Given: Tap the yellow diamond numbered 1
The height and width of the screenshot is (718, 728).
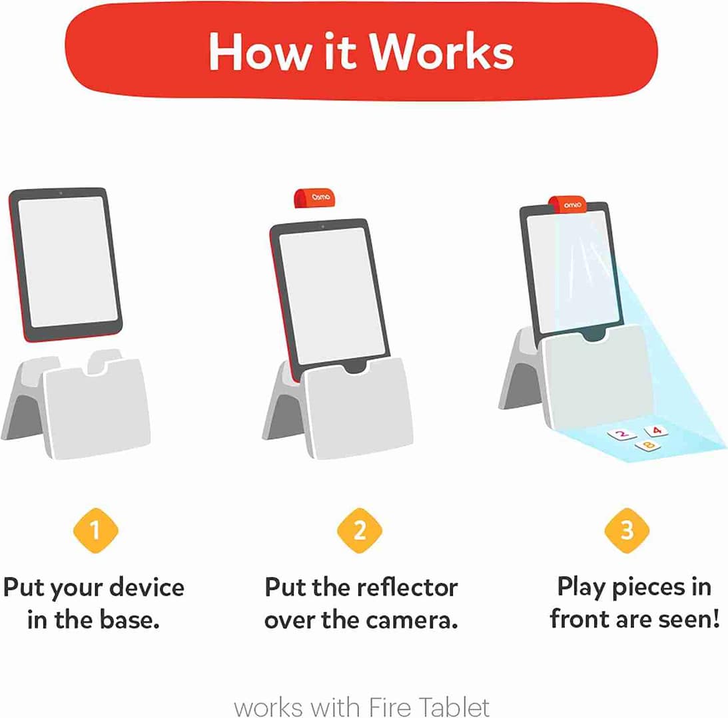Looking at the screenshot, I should click(95, 530).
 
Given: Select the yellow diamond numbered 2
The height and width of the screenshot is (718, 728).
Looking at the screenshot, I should click(360, 530).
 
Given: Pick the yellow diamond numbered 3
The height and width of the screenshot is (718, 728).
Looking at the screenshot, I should click(627, 530).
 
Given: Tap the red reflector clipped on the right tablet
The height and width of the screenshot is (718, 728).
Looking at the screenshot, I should click(567, 205).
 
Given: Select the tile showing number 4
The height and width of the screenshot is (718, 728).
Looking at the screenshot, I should click(656, 431).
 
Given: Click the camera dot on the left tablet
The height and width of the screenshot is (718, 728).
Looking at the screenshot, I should click(61, 193).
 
